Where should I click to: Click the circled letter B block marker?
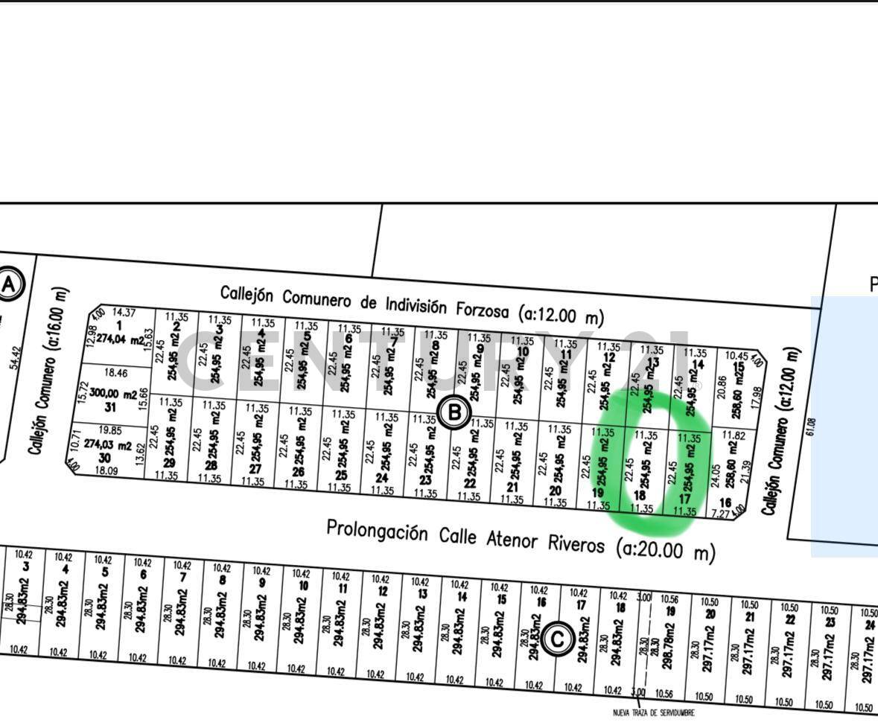tap(454, 412)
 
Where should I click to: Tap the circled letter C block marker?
tap(557, 639)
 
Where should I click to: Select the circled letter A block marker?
tap(10, 284)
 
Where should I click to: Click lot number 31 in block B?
tap(110, 407)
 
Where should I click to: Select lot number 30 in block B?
tap(105, 458)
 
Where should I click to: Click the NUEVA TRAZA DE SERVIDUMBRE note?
tap(653, 713)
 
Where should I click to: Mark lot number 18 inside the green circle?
tap(639, 496)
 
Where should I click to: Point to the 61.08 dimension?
tap(811, 427)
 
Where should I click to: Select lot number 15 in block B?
tap(738, 368)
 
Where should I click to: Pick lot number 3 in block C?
tap(26, 566)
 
